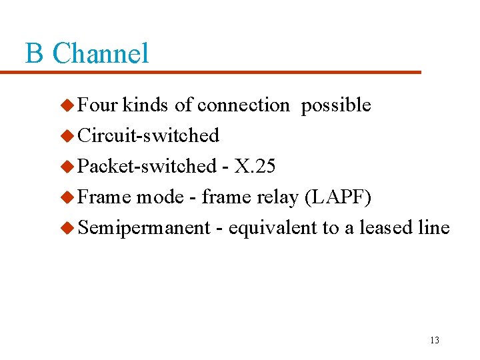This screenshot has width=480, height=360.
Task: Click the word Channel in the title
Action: pos(100,53)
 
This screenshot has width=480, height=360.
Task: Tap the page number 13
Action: pos(434,340)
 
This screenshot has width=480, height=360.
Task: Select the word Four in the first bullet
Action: pos(98,105)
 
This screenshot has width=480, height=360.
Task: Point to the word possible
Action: pos(336,105)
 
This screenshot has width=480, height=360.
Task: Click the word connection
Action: pos(243,105)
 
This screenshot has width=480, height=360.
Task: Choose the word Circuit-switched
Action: pos(149,136)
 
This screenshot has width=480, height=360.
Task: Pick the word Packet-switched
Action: pos(147,167)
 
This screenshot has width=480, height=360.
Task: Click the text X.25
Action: pos(255,167)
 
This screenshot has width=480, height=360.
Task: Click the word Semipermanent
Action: pos(144,228)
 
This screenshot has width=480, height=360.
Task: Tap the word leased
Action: pos(386,228)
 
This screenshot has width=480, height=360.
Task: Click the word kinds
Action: pos(146,105)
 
